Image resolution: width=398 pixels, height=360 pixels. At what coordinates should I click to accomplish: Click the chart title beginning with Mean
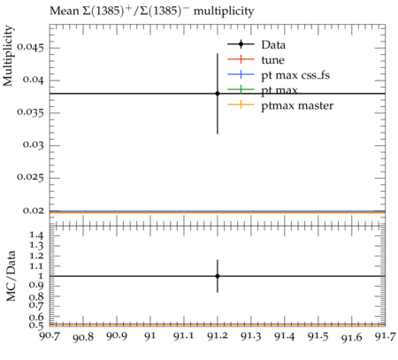[151, 11]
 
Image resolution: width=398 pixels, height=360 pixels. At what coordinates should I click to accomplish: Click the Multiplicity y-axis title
[8, 56]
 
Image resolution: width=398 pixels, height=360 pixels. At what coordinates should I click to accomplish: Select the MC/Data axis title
[11, 276]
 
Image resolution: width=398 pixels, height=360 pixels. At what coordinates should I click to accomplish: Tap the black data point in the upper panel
[218, 94]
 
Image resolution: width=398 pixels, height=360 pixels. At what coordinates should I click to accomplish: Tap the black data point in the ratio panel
[218, 276]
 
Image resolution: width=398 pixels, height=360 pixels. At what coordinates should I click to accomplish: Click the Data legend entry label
[273, 45]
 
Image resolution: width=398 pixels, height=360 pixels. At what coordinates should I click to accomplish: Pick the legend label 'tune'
[272, 60]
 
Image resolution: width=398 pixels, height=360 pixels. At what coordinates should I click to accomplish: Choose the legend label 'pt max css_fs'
[295, 75]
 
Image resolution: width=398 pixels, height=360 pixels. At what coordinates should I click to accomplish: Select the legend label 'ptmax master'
[297, 105]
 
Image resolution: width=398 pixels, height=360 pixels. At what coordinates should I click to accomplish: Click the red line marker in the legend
[241, 59]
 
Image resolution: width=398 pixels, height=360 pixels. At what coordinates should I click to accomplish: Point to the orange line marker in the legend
[241, 104]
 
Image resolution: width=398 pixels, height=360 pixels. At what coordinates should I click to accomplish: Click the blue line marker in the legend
[241, 74]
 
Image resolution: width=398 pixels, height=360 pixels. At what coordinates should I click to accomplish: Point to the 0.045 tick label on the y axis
[30, 48]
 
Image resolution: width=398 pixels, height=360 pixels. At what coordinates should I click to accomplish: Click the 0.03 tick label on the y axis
[33, 145]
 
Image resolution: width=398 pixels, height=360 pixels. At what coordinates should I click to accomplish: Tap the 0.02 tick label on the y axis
[33, 211]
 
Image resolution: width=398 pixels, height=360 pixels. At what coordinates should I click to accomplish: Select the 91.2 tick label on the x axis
[218, 336]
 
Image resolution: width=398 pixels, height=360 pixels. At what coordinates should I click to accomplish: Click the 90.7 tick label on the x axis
[50, 336]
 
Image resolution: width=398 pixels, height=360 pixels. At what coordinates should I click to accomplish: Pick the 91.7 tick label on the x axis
[386, 336]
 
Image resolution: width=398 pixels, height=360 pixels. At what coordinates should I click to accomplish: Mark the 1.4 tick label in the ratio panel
[36, 235]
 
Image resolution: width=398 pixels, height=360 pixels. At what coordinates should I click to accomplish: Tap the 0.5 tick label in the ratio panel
[36, 326]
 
